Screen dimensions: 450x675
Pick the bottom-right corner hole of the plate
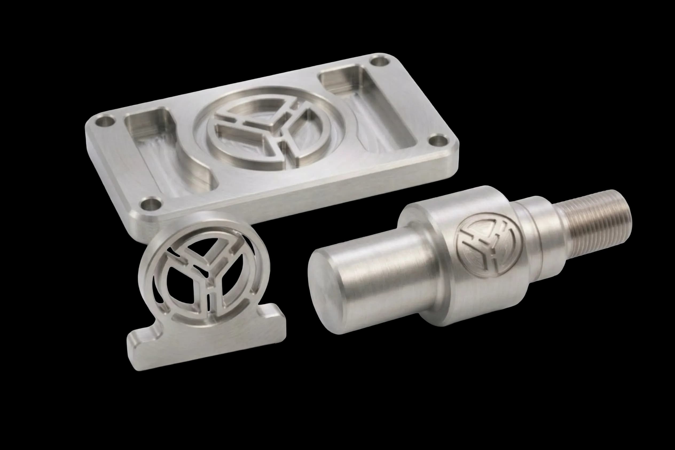point(438,141)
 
